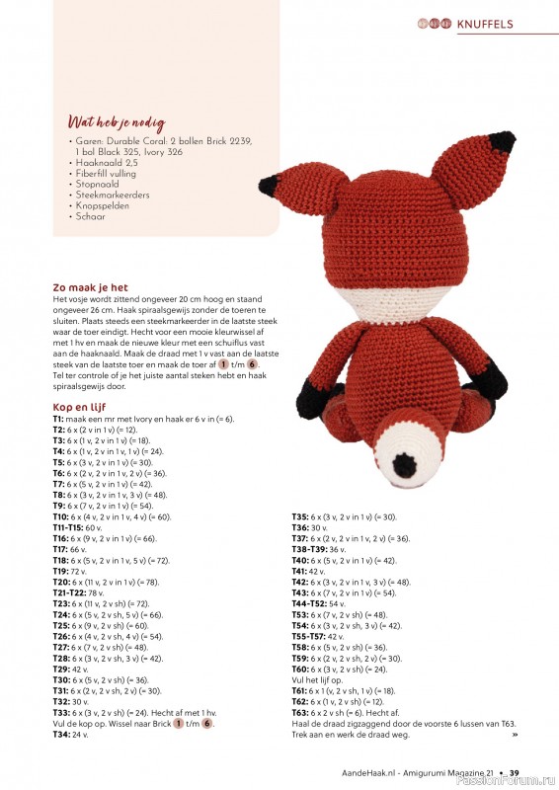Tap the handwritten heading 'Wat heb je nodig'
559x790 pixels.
coord(108,122)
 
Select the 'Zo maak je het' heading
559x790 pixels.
coord(90,287)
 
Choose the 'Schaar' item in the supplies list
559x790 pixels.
coord(90,216)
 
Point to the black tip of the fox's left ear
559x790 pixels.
coord(269,185)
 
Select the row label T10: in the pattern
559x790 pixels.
coord(60,516)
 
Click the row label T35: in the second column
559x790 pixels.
coord(299,516)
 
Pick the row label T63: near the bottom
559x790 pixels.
coord(299,712)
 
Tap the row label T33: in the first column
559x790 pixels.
coord(60,712)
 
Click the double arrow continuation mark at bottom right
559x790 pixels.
coord(515,734)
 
